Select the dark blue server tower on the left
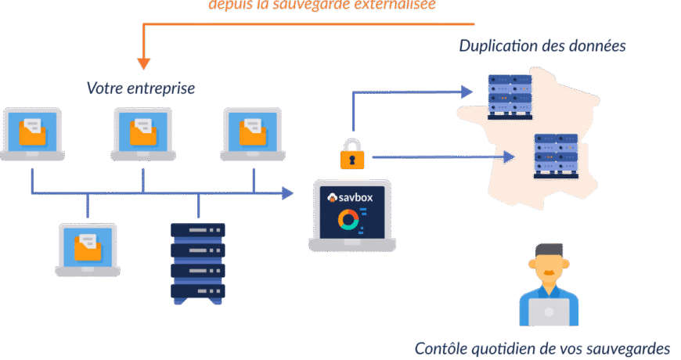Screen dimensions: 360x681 (198, 261)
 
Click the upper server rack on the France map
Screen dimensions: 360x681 (510, 95)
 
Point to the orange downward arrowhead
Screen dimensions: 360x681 (143, 63)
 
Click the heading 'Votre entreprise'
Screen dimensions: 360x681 (141, 88)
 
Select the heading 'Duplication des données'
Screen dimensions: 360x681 (542, 45)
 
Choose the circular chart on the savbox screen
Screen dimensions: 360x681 (348, 221)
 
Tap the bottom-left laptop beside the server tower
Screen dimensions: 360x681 (87, 249)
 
